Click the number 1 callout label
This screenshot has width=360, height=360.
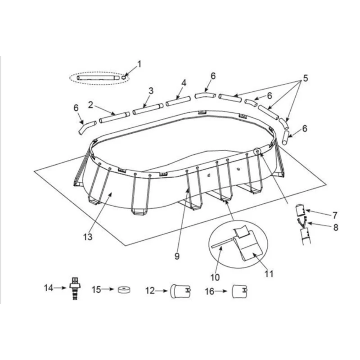click(139, 64)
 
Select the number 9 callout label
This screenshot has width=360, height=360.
click(177, 256)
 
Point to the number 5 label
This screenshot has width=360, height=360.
click(305, 79)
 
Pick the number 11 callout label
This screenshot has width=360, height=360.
click(269, 273)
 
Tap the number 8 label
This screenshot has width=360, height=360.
click(335, 227)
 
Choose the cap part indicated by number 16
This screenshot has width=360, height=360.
click(240, 291)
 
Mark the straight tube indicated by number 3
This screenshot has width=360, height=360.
click(148, 108)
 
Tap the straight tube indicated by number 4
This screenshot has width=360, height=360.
click(179, 101)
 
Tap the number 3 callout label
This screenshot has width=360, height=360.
click(151, 90)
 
